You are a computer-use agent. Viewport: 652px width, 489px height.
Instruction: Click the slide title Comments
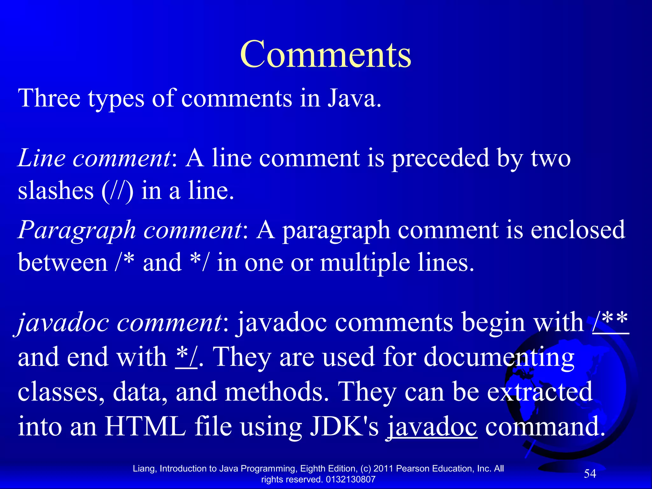pyautogui.click(x=325, y=55)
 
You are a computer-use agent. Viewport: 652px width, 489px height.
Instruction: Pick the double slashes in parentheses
pyautogui.click(x=117, y=191)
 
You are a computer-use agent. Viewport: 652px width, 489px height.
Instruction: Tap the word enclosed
pyautogui.click(x=578, y=230)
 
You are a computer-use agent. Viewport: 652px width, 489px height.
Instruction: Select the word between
pyautogui.click(x=63, y=263)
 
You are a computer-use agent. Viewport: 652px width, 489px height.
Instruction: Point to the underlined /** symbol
pyautogui.click(x=611, y=322)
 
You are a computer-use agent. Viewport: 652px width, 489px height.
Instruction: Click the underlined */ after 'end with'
pyautogui.click(x=187, y=357)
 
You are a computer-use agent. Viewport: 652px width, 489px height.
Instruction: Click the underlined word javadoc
pyautogui.click(x=432, y=427)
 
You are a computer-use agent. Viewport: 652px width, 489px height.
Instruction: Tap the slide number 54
pyautogui.click(x=590, y=474)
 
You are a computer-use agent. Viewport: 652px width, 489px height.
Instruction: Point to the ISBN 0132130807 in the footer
pyautogui.click(x=351, y=479)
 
